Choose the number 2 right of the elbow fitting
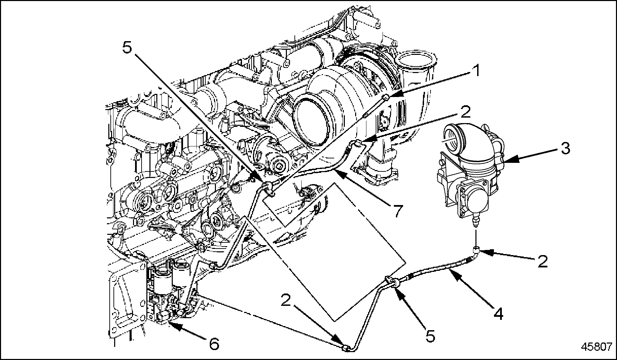542,261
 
